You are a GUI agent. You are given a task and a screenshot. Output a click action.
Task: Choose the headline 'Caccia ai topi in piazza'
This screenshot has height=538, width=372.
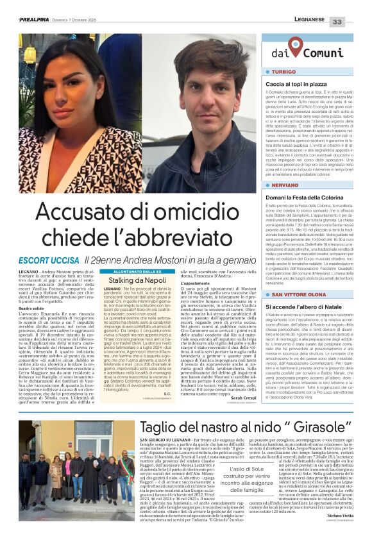pos(297,84)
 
